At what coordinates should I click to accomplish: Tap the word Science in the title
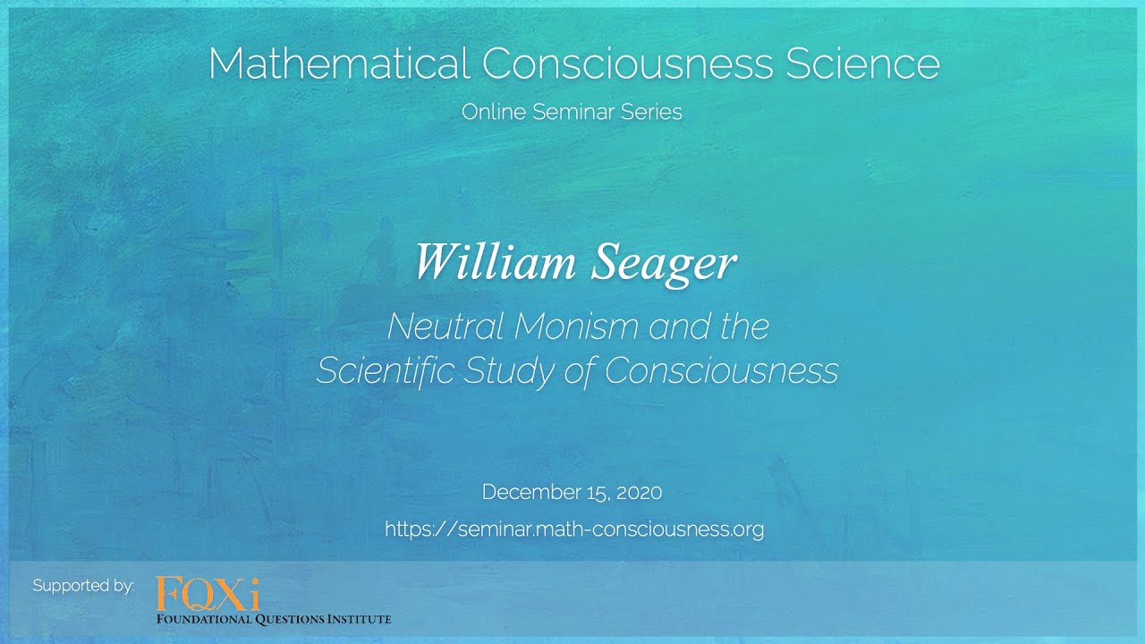click(x=862, y=64)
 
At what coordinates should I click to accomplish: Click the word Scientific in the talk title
click(x=385, y=370)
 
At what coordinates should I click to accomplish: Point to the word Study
click(x=507, y=370)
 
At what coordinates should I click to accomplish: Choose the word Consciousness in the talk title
click(x=721, y=370)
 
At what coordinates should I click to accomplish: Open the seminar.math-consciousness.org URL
click(x=574, y=529)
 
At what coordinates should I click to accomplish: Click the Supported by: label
click(x=83, y=586)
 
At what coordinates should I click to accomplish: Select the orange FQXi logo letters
click(x=208, y=593)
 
